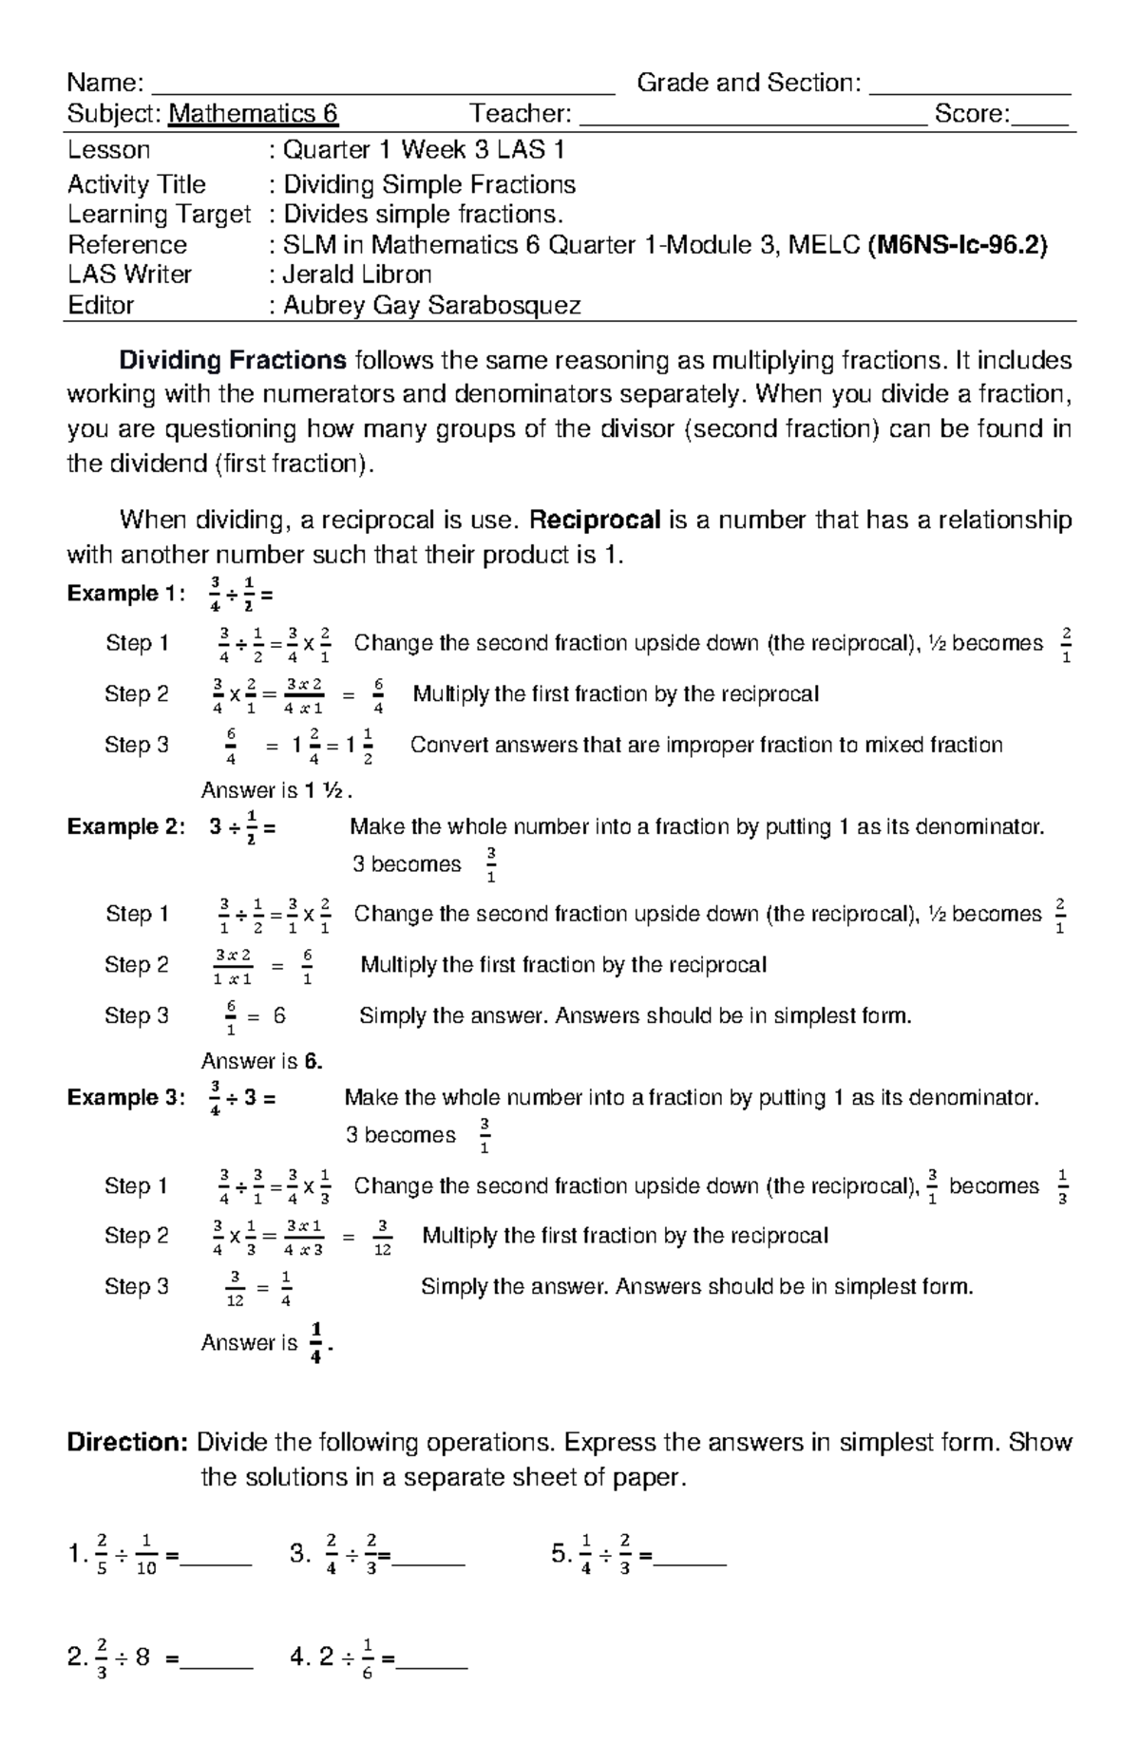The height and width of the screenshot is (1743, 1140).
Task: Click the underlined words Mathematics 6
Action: click(253, 115)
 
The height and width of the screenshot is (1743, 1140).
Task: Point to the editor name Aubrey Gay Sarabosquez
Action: click(432, 305)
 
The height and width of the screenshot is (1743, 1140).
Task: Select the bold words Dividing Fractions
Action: click(232, 361)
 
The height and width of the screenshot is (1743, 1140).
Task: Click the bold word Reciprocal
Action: click(595, 520)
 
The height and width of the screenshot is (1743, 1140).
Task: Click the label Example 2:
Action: click(126, 826)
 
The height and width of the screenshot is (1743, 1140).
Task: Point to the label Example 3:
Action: click(126, 1098)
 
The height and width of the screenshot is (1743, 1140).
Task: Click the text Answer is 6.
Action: click(262, 1061)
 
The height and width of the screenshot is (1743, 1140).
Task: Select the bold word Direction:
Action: click(127, 1443)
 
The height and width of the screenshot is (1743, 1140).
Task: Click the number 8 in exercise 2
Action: click(142, 1658)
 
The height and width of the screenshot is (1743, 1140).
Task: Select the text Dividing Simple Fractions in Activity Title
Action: click(429, 184)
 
